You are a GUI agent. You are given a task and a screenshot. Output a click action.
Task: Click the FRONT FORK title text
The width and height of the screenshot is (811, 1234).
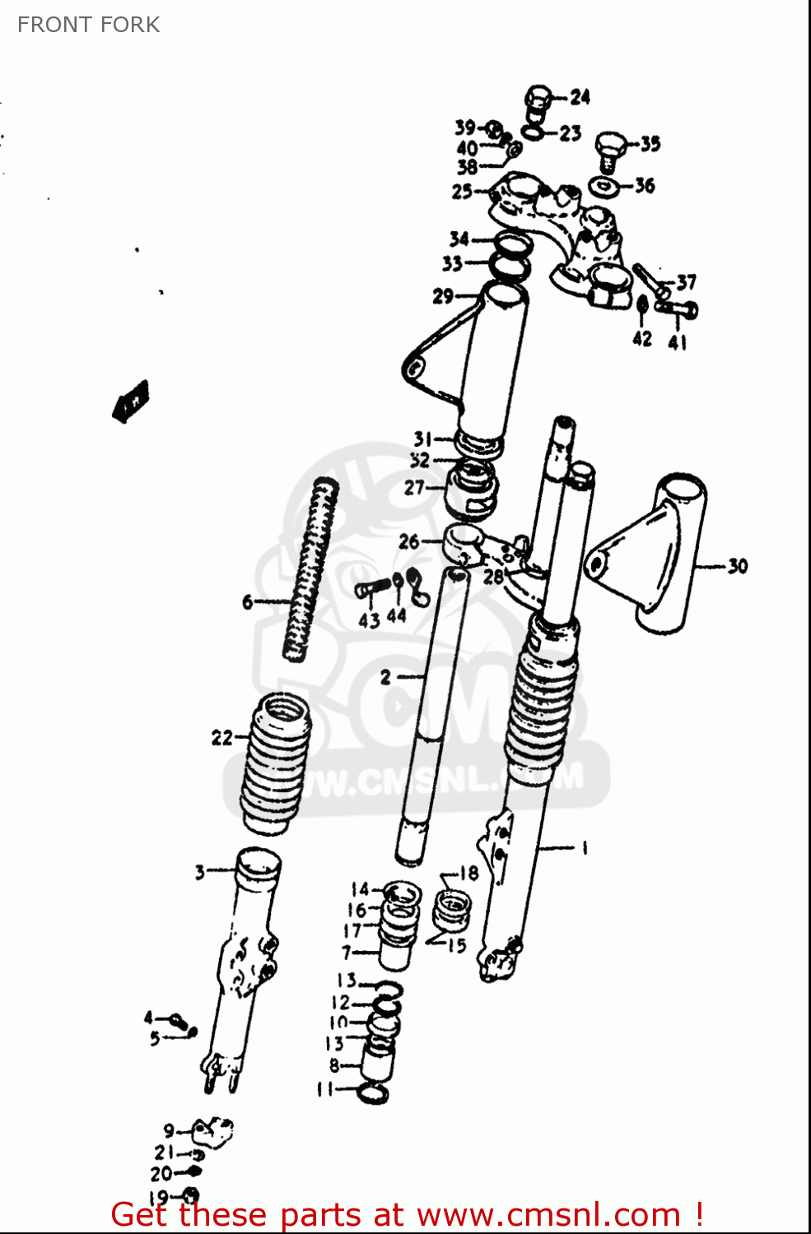coord(88,25)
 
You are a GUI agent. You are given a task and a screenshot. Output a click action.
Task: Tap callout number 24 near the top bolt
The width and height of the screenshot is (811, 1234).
coord(580,97)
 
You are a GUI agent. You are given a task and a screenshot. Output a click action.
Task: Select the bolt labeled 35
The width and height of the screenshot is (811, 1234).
coord(610,148)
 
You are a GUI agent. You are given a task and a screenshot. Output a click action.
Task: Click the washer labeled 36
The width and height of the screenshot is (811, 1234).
coord(606,186)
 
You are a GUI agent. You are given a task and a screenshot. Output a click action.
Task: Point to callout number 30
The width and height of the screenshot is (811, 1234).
coord(738,566)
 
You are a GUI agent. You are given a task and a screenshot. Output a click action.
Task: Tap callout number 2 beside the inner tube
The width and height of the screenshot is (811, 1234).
coord(385,677)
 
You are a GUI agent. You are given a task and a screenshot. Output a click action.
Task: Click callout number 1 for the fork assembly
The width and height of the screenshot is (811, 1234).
coord(585,847)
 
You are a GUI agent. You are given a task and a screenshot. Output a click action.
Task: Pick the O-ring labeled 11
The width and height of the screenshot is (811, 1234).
coord(373,1093)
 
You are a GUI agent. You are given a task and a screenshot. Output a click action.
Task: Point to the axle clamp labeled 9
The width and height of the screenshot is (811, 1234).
coord(212,1130)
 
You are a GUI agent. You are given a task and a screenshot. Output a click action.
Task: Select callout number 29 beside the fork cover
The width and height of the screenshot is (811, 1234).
coord(443,295)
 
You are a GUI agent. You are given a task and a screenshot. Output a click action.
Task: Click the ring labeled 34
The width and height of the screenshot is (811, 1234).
coord(512,243)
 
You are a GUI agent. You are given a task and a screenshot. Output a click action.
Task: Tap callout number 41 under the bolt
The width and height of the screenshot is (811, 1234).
coord(677,341)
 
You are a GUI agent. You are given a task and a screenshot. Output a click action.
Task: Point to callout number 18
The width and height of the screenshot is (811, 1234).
coord(468,874)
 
